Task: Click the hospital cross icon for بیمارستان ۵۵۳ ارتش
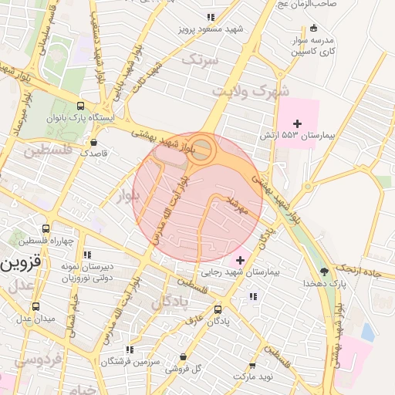[297, 123]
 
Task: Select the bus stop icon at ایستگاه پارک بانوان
[81, 106]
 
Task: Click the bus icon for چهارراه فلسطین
[46, 229]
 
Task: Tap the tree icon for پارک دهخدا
[324, 272]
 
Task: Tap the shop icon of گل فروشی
[182, 356]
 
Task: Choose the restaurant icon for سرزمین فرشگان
[130, 349]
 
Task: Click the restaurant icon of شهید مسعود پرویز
[210, 17]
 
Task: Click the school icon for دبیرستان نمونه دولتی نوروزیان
[86, 254]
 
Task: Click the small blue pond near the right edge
[367, 333]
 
